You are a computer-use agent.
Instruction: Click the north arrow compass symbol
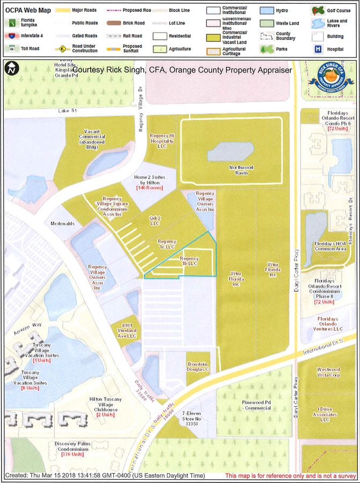(x=11, y=69)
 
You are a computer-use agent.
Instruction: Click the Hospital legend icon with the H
(x=317, y=48)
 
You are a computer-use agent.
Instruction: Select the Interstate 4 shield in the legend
(x=11, y=36)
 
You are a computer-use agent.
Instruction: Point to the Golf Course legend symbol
(x=317, y=11)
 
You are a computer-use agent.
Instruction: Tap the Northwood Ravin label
(x=238, y=170)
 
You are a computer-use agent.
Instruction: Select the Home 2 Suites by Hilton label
(x=150, y=180)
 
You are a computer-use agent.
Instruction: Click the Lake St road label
(x=69, y=111)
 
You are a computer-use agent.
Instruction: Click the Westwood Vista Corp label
(x=328, y=372)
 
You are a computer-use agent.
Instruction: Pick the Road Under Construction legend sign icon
(x=63, y=48)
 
